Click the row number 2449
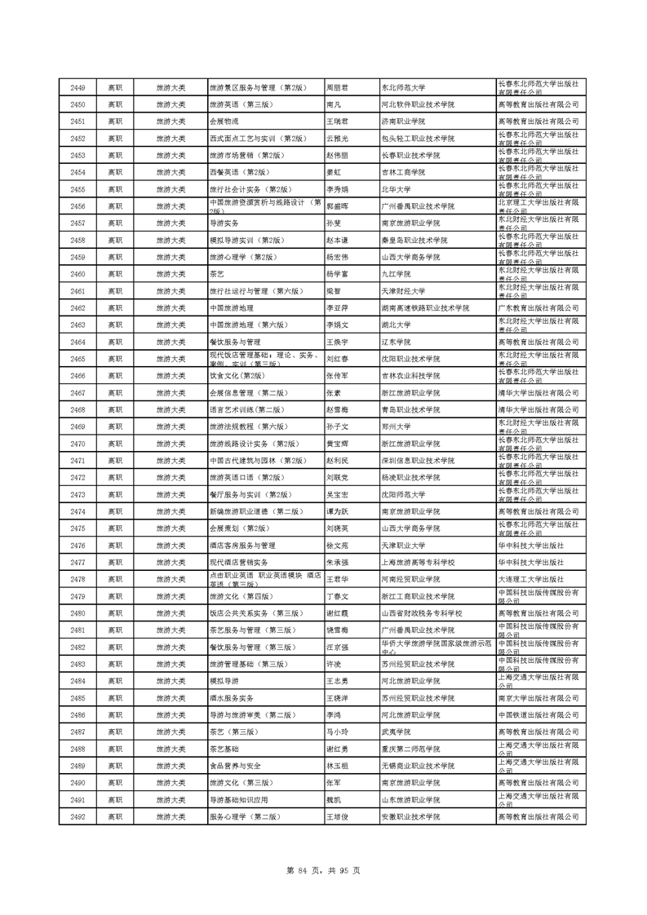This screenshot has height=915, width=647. coord(78,87)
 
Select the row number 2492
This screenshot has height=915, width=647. coord(78,816)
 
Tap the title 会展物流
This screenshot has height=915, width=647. coord(221,122)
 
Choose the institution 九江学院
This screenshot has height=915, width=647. coord(397,274)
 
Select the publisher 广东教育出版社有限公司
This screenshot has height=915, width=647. coord(538,308)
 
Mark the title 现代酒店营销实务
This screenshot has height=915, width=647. coord(239,563)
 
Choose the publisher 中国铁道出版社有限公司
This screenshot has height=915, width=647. coord(538,715)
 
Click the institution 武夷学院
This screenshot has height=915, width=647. coord(397,732)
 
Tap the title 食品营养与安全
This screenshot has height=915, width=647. coord(235,766)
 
